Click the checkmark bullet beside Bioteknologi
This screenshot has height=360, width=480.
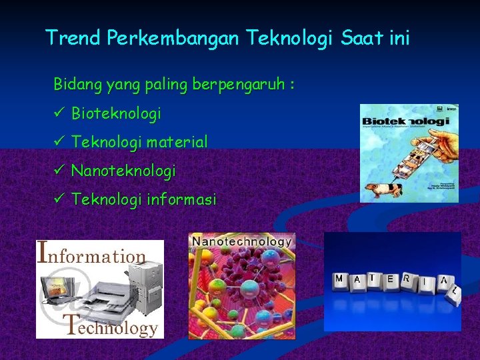pos(59,113)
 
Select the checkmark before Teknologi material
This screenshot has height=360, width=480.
pos(59,142)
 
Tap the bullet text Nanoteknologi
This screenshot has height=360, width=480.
pos(123,171)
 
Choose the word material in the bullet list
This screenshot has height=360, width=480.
pos(177,142)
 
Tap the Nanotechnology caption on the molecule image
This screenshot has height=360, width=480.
pos(242,241)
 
